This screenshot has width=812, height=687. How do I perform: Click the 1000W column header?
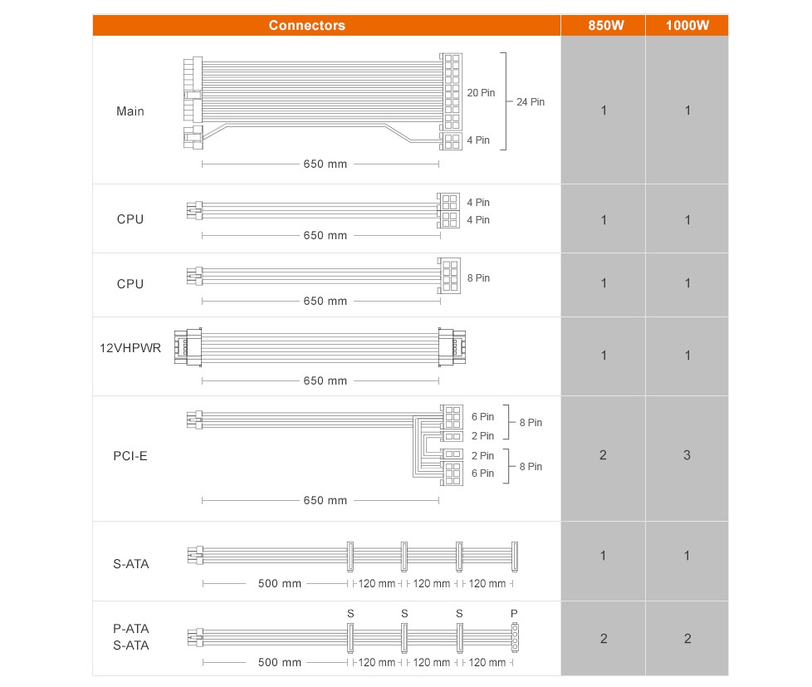pyautogui.click(x=687, y=25)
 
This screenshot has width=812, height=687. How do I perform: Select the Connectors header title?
pyautogui.click(x=306, y=25)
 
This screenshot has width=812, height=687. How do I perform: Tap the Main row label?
pyautogui.click(x=130, y=111)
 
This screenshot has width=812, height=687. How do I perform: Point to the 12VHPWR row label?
pyautogui.click(x=130, y=348)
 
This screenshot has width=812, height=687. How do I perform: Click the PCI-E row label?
pyautogui.click(x=130, y=456)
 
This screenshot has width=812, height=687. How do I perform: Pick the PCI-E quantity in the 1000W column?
pyautogui.click(x=687, y=455)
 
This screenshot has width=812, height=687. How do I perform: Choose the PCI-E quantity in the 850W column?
pyautogui.click(x=604, y=455)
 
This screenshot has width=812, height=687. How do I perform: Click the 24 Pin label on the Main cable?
pyautogui.click(x=531, y=102)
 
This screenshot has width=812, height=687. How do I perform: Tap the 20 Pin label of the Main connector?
pyautogui.click(x=481, y=93)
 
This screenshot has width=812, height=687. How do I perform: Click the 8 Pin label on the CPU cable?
pyautogui.click(x=478, y=278)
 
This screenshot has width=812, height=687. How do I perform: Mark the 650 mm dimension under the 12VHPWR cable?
pyautogui.click(x=325, y=381)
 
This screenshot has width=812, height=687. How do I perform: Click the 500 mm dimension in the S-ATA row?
pyautogui.click(x=279, y=584)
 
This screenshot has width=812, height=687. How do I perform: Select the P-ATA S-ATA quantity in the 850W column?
pyautogui.click(x=604, y=639)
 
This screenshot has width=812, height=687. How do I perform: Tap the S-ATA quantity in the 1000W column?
pyautogui.click(x=687, y=556)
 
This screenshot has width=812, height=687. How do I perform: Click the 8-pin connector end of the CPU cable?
pyautogui.click(x=449, y=274)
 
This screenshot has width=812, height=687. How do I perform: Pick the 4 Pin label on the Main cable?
pyautogui.click(x=478, y=140)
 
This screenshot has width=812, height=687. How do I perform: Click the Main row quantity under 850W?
pyautogui.click(x=604, y=110)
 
